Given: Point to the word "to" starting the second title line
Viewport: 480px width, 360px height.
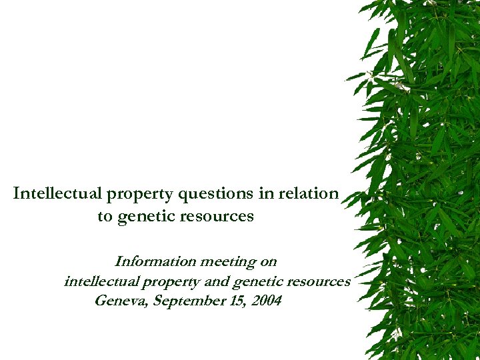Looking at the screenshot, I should (x=105, y=217).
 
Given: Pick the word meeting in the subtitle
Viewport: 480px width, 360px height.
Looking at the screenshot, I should (x=225, y=262).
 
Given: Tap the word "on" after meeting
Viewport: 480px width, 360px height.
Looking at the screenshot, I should (x=268, y=261).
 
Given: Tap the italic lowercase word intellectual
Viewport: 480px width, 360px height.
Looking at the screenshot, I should (x=97, y=281).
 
